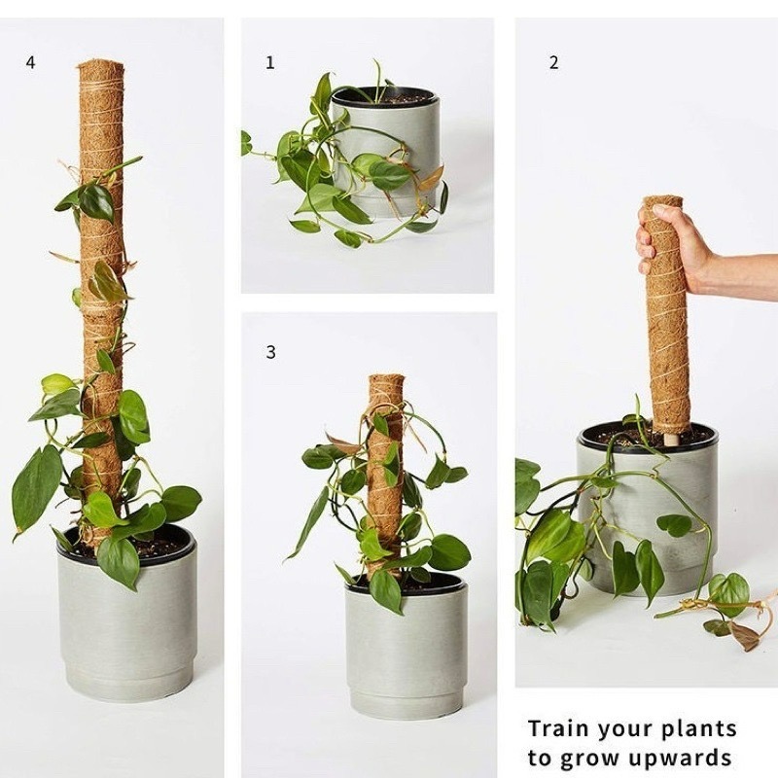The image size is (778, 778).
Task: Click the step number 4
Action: (31, 63)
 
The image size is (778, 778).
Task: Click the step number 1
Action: (270, 62)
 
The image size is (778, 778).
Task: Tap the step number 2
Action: (553, 62)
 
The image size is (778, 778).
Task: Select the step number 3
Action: (270, 352)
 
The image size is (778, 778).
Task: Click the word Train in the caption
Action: (558, 728)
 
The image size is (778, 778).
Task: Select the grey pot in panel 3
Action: (406, 650)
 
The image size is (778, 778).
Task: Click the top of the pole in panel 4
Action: (100, 65)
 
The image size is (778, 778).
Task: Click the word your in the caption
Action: (623, 730)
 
